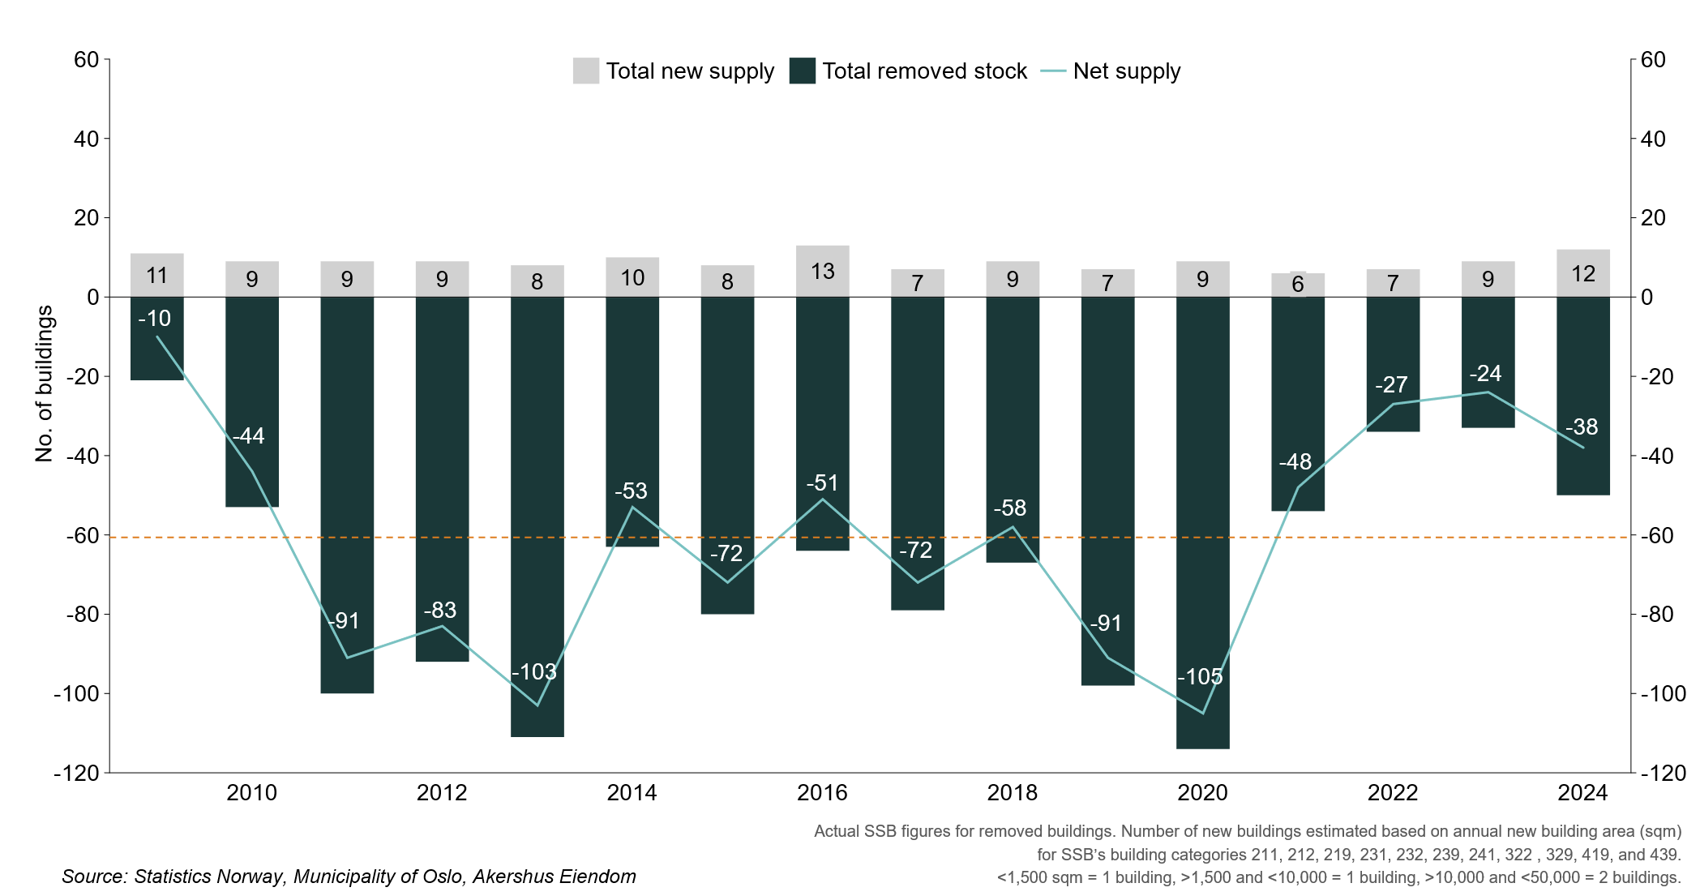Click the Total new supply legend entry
click(x=674, y=71)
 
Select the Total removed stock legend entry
click(x=908, y=71)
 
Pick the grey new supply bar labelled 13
click(x=822, y=271)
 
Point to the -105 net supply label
click(x=1200, y=676)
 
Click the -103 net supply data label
click(x=534, y=671)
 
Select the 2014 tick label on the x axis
click(x=632, y=792)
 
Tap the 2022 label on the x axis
click(x=1393, y=792)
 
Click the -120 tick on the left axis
click(x=76, y=773)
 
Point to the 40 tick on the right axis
click(x=1653, y=139)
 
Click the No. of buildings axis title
click(x=44, y=384)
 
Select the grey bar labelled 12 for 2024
click(x=1582, y=273)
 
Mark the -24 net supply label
click(x=1485, y=373)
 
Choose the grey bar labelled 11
click(x=156, y=275)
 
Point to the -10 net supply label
click(x=154, y=319)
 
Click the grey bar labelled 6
click(x=1297, y=285)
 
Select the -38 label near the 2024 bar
click(x=1581, y=427)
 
